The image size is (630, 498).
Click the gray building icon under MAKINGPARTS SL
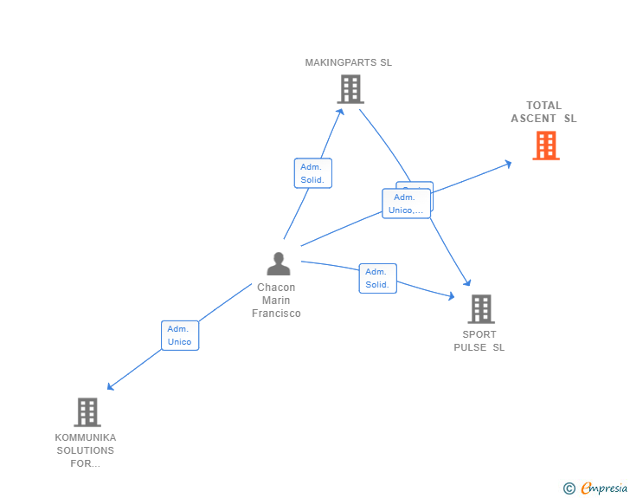coord(350,88)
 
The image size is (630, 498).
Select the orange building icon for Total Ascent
coord(545,146)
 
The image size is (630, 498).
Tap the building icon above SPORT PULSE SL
coord(480,308)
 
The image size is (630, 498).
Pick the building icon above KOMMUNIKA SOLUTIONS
coord(87,412)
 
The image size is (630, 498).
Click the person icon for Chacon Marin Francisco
coord(278,263)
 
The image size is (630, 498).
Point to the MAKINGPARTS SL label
coord(348,62)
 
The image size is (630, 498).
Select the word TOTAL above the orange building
coord(543,106)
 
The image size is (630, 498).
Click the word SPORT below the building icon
coord(479,334)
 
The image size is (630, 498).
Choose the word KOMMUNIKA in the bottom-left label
coord(85,437)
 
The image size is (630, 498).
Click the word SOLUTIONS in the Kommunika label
coord(85,450)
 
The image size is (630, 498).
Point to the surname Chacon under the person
coord(276,288)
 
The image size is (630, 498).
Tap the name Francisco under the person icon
coord(276,314)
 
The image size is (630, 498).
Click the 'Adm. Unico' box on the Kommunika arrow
coord(180,335)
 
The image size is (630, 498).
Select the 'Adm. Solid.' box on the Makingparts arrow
coord(312,173)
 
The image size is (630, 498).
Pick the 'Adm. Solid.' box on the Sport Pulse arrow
coord(377,278)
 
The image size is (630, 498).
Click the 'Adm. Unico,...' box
coord(405,204)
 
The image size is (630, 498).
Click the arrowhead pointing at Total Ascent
coord(509,164)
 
